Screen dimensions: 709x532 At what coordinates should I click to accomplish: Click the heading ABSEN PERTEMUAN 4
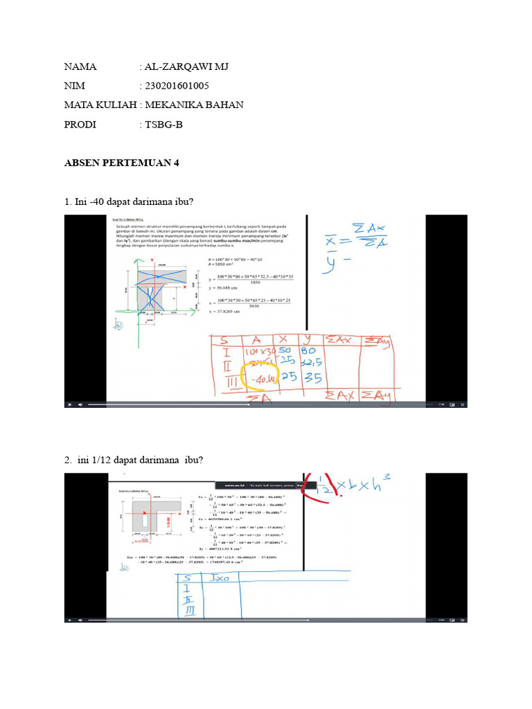(x=122, y=163)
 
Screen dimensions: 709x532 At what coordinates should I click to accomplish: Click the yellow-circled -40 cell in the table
(x=258, y=378)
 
